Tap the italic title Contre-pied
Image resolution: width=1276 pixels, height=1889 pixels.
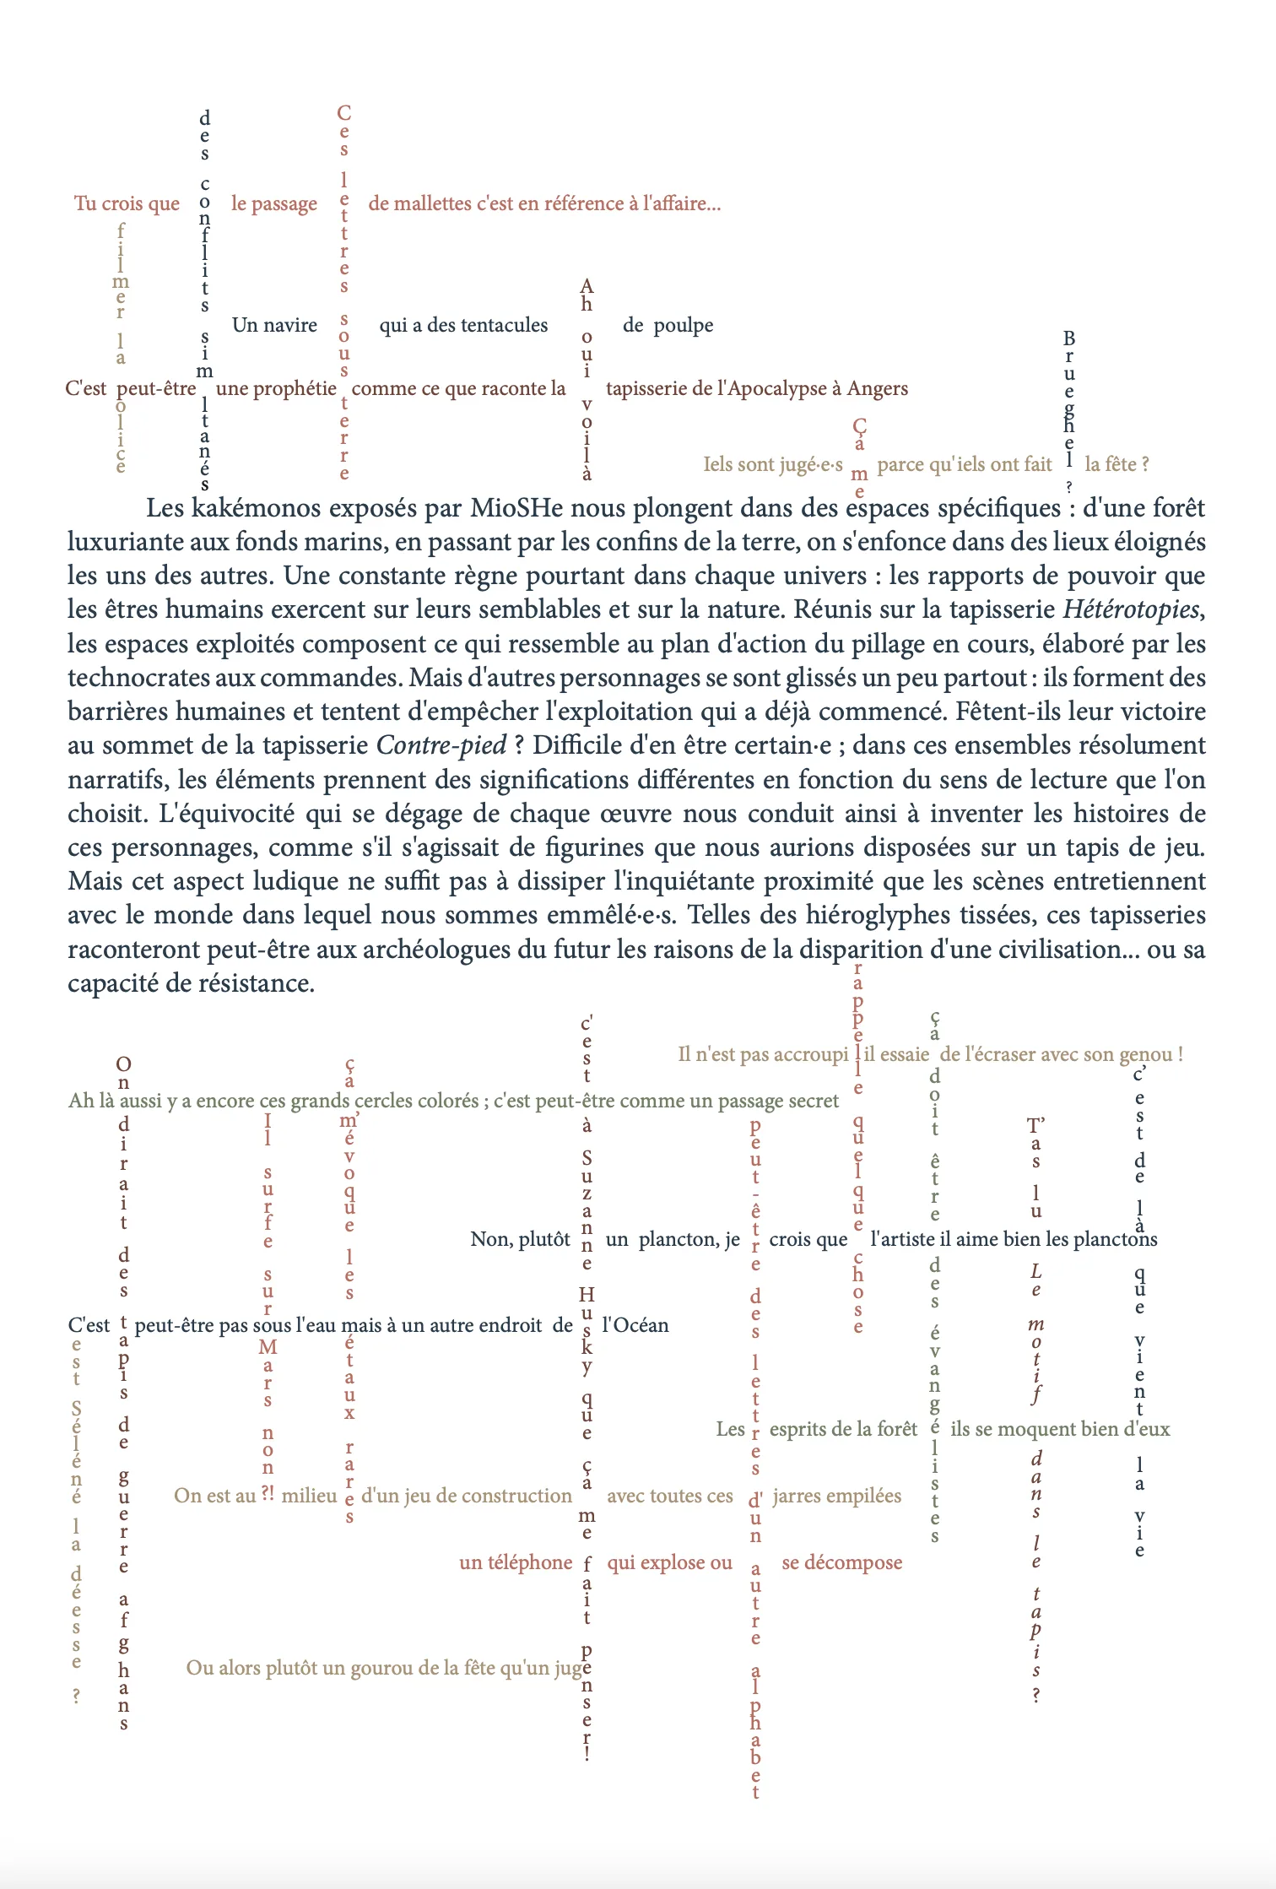[441, 745]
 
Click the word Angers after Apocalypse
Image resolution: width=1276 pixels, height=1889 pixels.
[878, 388]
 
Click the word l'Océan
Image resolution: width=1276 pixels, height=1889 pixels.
[635, 1325]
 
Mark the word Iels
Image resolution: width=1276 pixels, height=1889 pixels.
[718, 464]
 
